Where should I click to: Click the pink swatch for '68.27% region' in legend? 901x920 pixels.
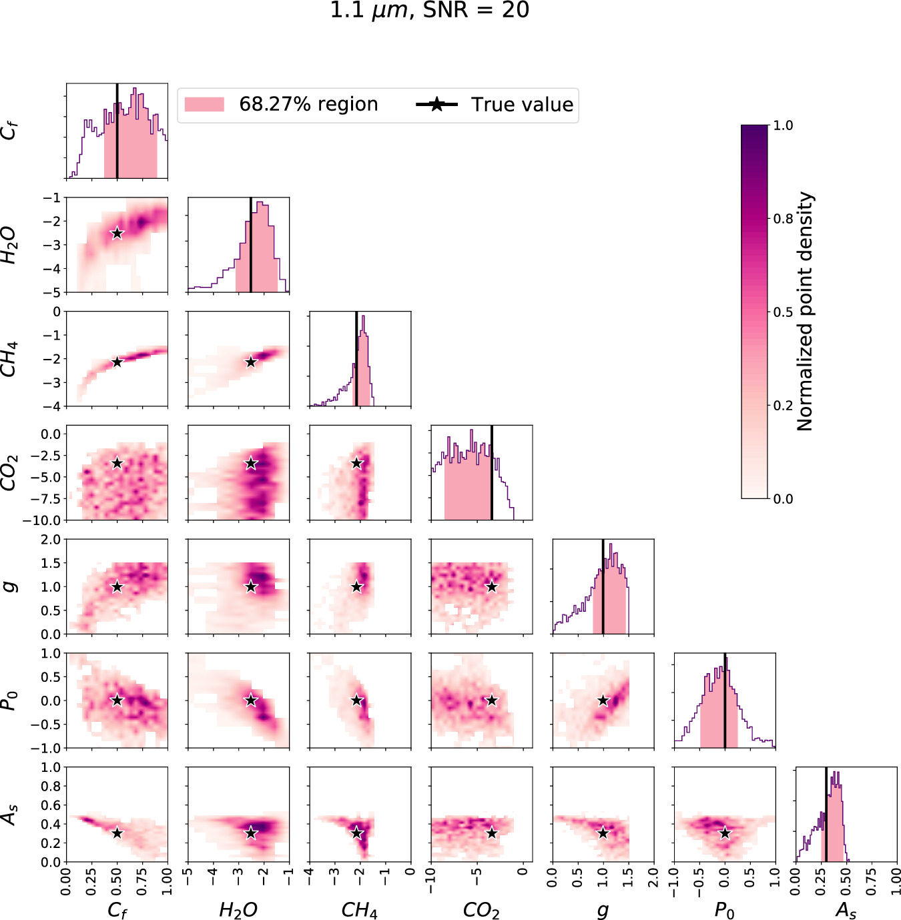pyautogui.click(x=204, y=105)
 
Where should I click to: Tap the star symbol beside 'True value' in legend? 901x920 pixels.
pyautogui.click(x=436, y=105)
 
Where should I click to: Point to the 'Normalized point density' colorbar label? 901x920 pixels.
pyautogui.click(x=806, y=312)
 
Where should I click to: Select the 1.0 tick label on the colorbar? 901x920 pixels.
pyautogui.click(x=783, y=125)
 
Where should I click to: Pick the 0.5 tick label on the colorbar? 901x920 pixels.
pyautogui.click(x=783, y=312)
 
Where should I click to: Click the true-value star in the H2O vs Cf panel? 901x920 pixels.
pyautogui.click(x=117, y=234)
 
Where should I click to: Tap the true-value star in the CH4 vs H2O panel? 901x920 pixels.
pyautogui.click(x=251, y=362)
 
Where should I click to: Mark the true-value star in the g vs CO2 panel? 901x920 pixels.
pyautogui.click(x=492, y=587)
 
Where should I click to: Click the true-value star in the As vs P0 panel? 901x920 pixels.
pyautogui.click(x=725, y=833)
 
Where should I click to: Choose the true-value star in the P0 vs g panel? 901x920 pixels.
pyautogui.click(x=603, y=701)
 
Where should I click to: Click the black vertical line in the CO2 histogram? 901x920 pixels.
pyautogui.click(x=492, y=472)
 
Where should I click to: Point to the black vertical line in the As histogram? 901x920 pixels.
pyautogui.click(x=826, y=815)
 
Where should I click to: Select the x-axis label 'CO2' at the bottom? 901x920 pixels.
pyautogui.click(x=481, y=910)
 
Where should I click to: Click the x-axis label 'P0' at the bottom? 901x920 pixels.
pyautogui.click(x=724, y=910)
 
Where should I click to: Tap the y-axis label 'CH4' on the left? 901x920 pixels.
pyautogui.click(x=9, y=359)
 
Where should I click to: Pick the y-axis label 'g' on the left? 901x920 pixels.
pyautogui.click(x=9, y=586)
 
